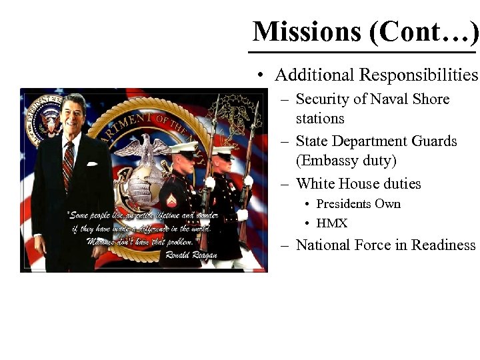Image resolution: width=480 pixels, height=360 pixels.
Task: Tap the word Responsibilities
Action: (x=418, y=75)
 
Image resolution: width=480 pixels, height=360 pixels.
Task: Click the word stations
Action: (x=320, y=119)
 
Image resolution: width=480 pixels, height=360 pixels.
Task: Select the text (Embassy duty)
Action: (x=346, y=161)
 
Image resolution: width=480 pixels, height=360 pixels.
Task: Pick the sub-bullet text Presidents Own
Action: (x=358, y=204)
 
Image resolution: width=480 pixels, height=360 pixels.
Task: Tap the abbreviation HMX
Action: (x=332, y=223)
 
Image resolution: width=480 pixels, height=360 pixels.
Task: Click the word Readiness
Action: (x=443, y=245)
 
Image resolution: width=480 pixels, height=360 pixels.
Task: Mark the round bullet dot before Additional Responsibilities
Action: (x=265, y=75)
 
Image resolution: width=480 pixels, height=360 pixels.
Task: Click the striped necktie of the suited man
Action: (x=67, y=163)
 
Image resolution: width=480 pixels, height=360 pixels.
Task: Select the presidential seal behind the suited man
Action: (x=41, y=117)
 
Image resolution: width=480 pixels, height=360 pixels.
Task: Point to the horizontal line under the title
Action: (x=363, y=51)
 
